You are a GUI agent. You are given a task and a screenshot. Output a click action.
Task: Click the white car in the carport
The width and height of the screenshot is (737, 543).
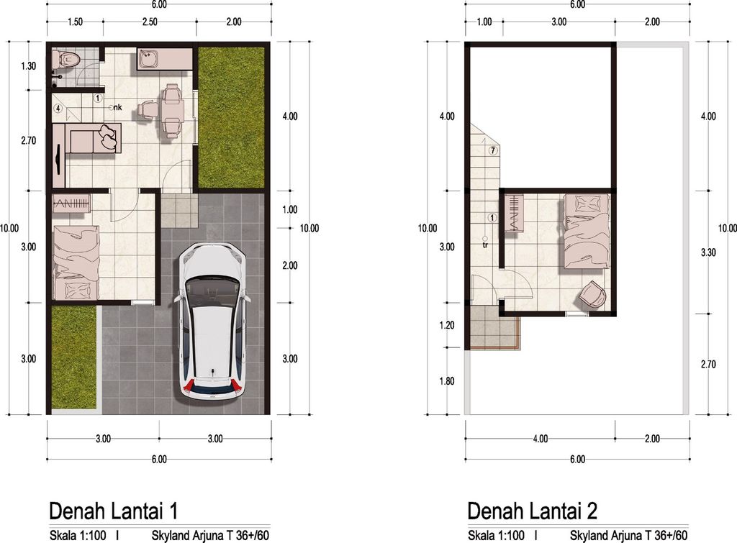[x=212, y=321]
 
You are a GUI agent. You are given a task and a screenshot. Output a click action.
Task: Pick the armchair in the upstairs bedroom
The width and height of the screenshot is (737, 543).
[x=594, y=294]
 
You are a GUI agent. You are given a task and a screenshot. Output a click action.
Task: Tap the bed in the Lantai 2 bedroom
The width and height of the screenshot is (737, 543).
[x=586, y=230]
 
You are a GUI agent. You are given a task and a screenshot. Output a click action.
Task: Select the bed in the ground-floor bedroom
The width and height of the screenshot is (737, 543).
[x=74, y=261]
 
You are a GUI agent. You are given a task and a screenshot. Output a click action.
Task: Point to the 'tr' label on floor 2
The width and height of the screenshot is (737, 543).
[x=486, y=244]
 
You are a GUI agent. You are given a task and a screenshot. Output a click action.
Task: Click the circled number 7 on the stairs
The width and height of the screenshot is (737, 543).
[x=492, y=151]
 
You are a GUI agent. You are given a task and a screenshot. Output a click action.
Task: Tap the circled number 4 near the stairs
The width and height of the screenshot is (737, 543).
[x=58, y=109]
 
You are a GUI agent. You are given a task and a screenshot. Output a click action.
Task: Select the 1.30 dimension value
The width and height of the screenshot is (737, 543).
[x=29, y=66]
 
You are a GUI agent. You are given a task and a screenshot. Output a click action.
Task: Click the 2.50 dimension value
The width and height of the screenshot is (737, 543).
[x=149, y=22]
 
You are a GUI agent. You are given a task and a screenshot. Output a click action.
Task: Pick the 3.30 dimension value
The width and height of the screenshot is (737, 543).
[x=708, y=252]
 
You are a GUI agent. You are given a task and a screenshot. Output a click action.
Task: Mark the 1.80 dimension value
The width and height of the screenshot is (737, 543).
[x=447, y=381]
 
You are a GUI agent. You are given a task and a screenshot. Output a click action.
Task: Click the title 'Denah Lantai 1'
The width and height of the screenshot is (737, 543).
[x=113, y=511]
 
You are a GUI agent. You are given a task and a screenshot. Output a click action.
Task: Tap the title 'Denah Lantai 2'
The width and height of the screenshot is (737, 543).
[x=532, y=511]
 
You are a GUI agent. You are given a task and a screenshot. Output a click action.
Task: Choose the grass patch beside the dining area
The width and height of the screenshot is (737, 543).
[x=230, y=117]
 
